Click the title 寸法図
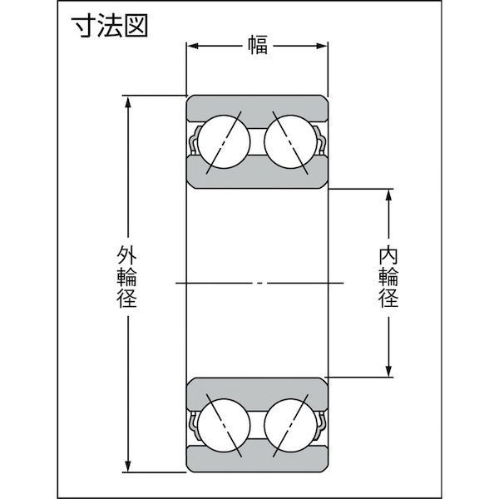[110, 26]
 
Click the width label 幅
[258, 45]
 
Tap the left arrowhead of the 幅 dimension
[193, 46]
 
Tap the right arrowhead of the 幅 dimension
[321, 46]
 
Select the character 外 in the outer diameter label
[127, 255]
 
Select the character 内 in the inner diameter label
[388, 255]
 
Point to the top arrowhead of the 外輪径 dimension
[128, 102]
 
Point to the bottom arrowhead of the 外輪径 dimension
[128, 465]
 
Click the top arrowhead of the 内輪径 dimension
[388, 195]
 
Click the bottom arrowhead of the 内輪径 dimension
[388, 371]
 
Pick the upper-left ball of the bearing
[224, 141]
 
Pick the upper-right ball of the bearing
[291, 141]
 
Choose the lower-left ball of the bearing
[224, 426]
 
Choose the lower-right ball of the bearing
[291, 426]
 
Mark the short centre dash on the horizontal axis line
[259, 283]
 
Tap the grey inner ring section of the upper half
[257, 174]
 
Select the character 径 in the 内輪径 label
[388, 297]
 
